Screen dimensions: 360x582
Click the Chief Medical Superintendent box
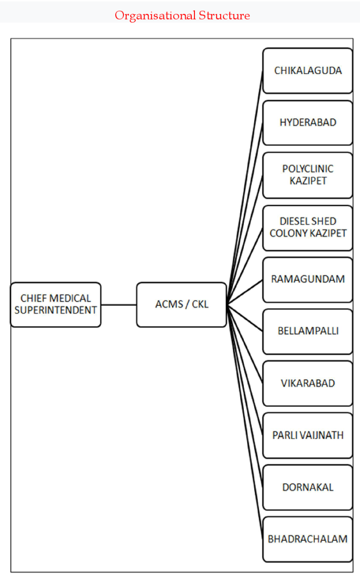coord(56,304)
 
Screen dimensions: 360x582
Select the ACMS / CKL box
coord(182,304)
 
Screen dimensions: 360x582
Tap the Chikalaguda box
coord(308,70)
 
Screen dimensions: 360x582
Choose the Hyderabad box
coord(308,122)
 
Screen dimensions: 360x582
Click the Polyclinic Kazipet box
coord(308,175)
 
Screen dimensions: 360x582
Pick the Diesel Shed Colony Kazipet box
coord(308,228)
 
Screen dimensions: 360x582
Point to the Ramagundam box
coord(308,280)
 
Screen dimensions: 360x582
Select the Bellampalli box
coord(308,331)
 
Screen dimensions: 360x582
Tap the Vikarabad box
coord(308,383)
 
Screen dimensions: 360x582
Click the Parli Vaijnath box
coord(308,435)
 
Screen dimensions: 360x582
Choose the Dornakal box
coord(308,487)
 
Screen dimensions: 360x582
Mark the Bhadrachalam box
coord(308,539)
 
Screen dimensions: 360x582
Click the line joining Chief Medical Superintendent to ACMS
coord(119,305)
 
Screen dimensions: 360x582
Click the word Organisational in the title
coord(155,15)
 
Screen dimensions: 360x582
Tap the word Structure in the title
coord(224,15)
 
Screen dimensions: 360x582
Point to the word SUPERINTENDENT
coord(56,310)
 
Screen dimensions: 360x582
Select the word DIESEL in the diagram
coord(294,221)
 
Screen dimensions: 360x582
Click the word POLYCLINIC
coord(308,169)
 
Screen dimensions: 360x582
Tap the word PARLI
coord(284,435)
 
